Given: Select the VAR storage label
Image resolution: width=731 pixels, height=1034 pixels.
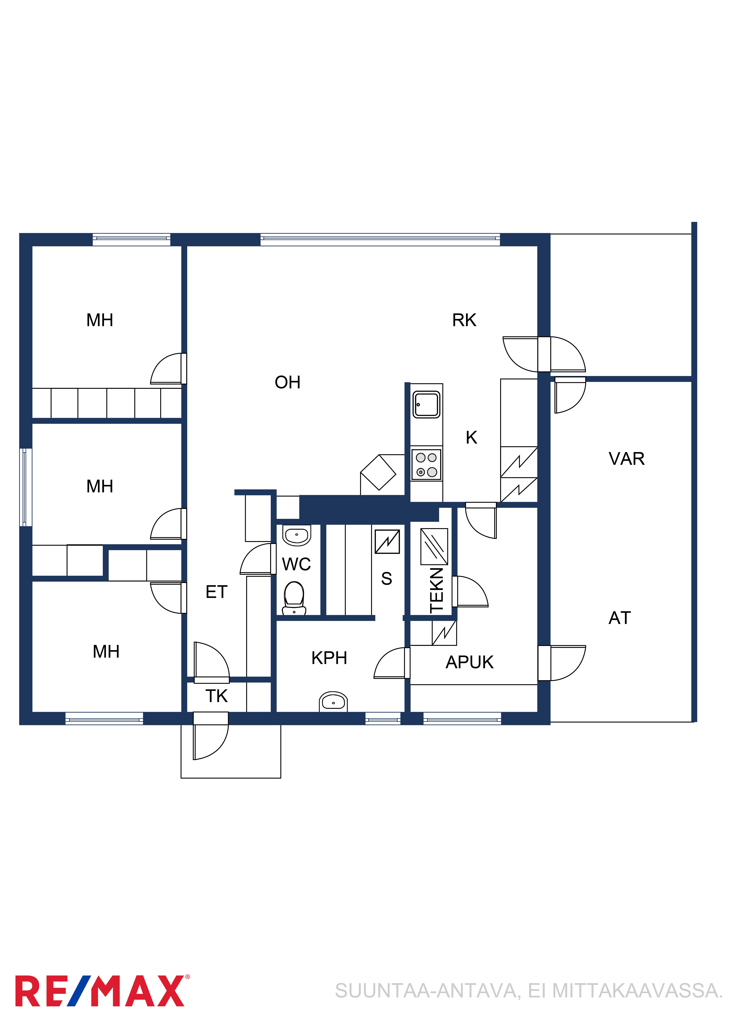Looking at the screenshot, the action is (x=626, y=459).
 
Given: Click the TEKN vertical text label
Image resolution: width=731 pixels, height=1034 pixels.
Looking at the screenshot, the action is (x=437, y=590).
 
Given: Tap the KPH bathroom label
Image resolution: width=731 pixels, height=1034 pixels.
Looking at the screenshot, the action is (x=329, y=658).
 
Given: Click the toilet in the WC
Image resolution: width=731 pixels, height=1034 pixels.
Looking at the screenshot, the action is (x=294, y=598).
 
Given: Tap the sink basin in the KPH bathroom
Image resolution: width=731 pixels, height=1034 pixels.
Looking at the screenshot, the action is (x=333, y=702).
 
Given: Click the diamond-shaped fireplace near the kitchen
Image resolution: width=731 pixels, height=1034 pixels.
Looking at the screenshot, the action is (x=378, y=472).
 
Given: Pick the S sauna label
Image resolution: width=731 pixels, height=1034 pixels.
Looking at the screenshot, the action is (x=387, y=579).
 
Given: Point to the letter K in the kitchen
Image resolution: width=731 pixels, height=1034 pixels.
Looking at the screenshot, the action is (x=471, y=437).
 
